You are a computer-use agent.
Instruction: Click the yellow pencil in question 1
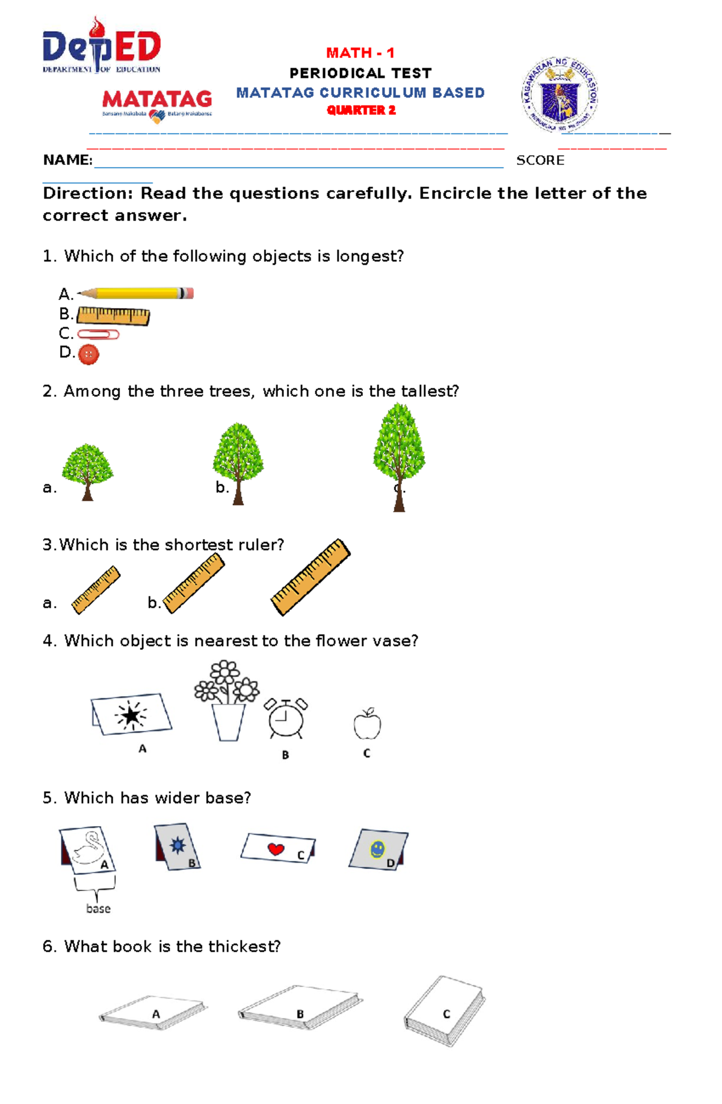(135, 294)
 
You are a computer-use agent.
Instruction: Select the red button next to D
(88, 354)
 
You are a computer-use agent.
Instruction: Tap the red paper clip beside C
(98, 335)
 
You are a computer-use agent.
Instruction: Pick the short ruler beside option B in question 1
(113, 316)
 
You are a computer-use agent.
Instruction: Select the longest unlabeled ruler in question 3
(310, 577)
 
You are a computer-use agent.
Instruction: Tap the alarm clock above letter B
(286, 718)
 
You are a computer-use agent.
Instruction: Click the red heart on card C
(276, 849)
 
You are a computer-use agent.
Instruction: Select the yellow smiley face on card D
(377, 849)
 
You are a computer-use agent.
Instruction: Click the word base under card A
(98, 909)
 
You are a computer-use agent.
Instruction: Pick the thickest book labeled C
(445, 1011)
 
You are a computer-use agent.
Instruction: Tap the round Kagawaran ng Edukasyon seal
(560, 95)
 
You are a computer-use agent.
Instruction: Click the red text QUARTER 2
(361, 110)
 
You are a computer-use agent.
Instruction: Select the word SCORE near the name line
(540, 161)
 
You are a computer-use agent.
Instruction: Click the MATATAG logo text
(157, 99)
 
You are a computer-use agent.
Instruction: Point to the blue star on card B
(177, 845)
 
